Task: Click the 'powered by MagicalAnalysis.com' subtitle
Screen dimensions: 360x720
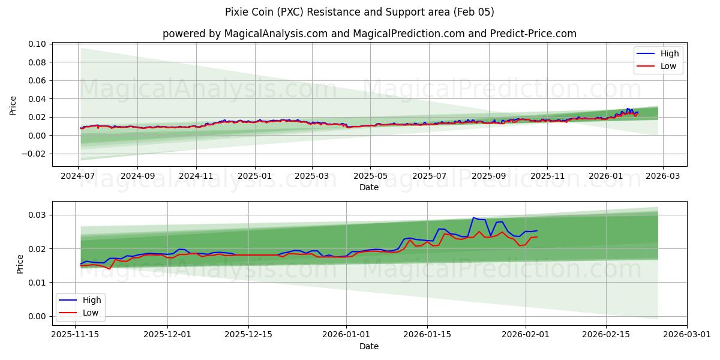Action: tap(369, 34)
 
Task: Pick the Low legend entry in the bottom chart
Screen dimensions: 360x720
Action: tap(91, 313)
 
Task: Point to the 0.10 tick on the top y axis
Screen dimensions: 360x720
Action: tap(37, 44)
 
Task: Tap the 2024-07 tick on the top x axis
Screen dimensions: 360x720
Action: tap(79, 176)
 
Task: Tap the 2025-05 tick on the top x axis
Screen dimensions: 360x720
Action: tap(370, 176)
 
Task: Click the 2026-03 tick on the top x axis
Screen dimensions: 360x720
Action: tap(662, 176)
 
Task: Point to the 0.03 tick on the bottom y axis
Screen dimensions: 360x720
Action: tap(37, 215)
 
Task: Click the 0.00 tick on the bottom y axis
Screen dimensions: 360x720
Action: tap(37, 316)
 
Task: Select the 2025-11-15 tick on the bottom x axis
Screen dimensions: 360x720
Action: tap(75, 334)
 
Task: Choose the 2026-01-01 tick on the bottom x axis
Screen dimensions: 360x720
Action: tap(347, 334)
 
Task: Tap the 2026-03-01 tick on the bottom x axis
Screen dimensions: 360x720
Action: tap(687, 334)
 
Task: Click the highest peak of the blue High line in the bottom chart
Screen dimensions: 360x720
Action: tap(473, 218)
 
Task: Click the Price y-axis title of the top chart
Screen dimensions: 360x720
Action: tap(13, 105)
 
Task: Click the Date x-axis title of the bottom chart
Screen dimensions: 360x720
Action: tap(369, 346)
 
